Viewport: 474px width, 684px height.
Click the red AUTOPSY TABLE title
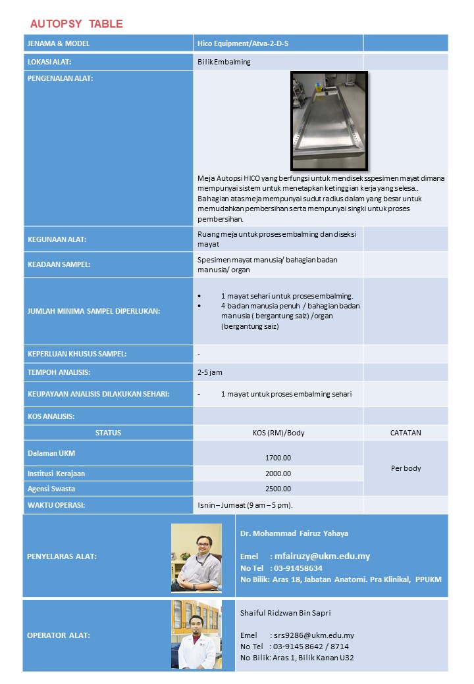(x=76, y=24)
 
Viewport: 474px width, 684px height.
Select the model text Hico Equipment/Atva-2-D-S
(x=243, y=43)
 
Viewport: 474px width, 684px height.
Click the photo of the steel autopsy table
(x=329, y=121)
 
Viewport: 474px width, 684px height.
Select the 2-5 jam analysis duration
(x=210, y=372)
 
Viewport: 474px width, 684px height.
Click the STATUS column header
(x=108, y=433)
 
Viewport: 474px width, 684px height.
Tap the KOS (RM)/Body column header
(x=278, y=433)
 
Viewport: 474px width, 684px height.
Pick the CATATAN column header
(x=406, y=433)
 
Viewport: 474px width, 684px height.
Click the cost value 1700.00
(x=278, y=458)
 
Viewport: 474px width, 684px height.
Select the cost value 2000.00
(x=278, y=474)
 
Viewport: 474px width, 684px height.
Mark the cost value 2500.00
(x=278, y=489)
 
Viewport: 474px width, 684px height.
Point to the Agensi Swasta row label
(x=51, y=489)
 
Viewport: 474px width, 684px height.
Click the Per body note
(x=406, y=468)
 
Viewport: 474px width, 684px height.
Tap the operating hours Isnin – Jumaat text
(x=245, y=505)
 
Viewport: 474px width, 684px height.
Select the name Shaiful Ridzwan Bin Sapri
(x=285, y=613)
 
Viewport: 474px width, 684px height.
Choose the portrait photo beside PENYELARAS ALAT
(x=196, y=558)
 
